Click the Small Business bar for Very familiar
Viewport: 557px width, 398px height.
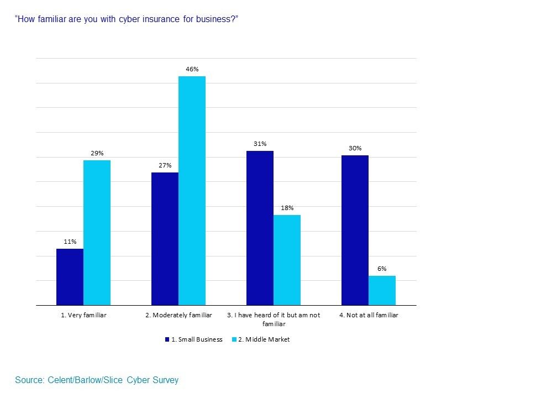(x=70, y=277)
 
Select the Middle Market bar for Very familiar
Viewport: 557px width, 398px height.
(x=97, y=233)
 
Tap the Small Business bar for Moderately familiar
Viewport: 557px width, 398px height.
(x=165, y=239)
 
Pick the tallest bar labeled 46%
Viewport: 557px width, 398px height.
(x=192, y=191)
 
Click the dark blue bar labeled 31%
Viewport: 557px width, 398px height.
(x=260, y=228)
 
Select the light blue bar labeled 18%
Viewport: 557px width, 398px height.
(x=287, y=260)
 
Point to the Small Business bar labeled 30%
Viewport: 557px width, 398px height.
(x=355, y=230)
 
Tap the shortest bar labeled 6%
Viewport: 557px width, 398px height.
(x=382, y=290)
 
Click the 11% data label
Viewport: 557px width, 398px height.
(x=70, y=242)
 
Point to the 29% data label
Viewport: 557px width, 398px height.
(x=97, y=153)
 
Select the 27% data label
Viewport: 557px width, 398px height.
(x=165, y=165)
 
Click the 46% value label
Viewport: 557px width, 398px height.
(x=192, y=69)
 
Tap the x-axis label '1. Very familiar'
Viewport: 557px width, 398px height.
(x=83, y=315)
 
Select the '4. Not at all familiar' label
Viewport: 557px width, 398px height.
(x=369, y=315)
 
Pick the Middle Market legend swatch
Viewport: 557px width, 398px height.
(x=234, y=339)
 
